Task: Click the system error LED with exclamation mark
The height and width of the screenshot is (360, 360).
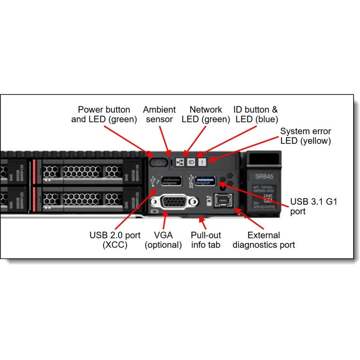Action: point(202,162)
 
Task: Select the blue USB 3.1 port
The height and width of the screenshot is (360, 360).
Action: point(205,181)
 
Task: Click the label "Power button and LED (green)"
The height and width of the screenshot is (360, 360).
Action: point(104,114)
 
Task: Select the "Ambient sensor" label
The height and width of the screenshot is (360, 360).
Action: point(159,114)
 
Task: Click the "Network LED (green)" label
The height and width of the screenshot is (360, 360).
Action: point(206,114)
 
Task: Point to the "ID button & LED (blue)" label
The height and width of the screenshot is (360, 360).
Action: point(256,114)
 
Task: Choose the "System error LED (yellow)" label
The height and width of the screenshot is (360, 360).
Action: point(306,136)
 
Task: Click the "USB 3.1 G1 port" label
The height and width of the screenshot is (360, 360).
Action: point(314,206)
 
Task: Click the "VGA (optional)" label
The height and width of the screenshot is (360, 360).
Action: point(163,240)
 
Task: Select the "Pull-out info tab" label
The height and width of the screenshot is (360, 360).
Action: point(206,240)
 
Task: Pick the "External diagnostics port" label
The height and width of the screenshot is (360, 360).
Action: point(264,240)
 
